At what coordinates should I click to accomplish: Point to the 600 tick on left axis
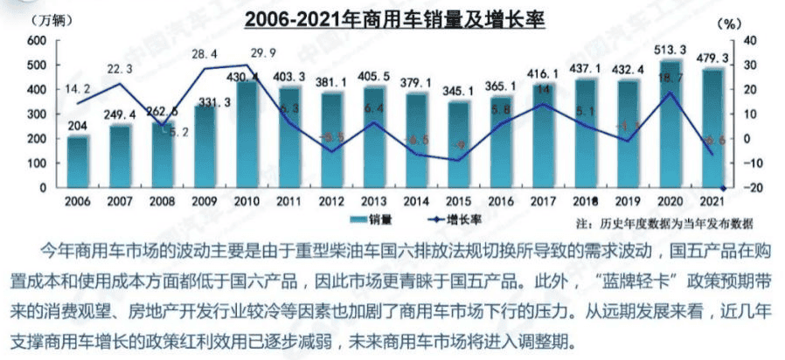[x=37, y=41]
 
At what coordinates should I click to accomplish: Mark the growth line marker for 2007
[x=120, y=84]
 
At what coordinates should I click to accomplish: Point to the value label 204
[x=78, y=124]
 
